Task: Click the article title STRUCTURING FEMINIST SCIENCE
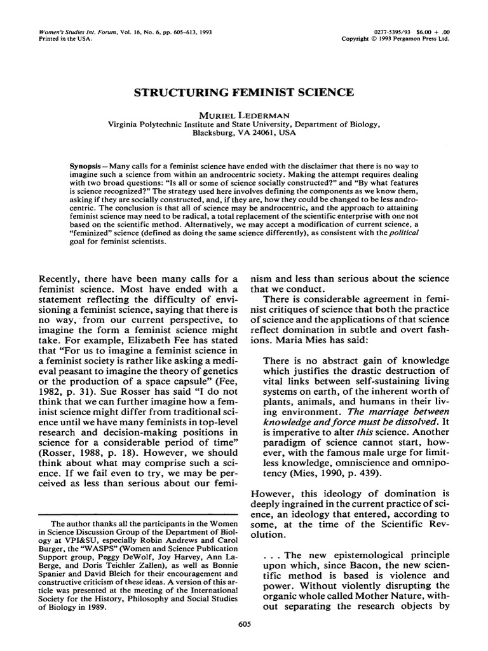[x=243, y=93]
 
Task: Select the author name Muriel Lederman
[x=243, y=116]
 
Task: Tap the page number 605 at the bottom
[x=243, y=624]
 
